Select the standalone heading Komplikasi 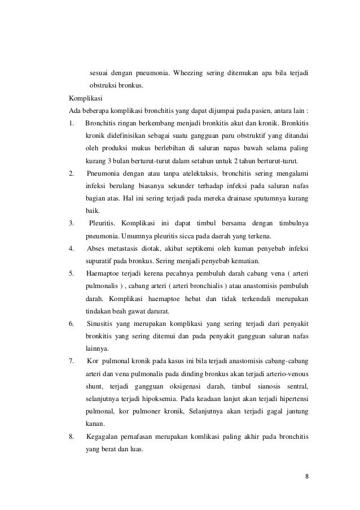point(84,97)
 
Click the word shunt point(94,385)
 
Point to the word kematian point(244,261)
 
